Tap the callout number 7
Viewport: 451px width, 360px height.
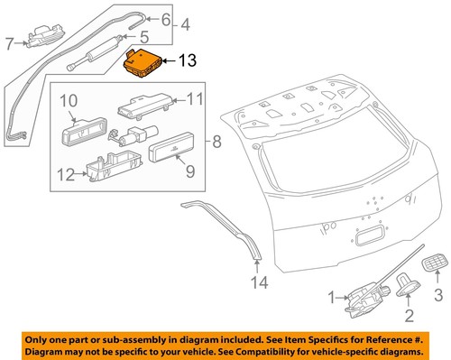pos(10,42)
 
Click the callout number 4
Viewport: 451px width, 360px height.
pos(184,23)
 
